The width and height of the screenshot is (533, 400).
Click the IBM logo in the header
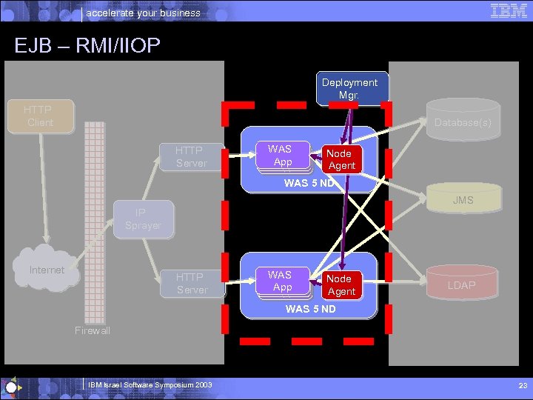(509, 10)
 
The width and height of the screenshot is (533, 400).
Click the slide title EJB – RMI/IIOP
(87, 46)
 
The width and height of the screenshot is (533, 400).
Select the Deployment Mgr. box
(349, 89)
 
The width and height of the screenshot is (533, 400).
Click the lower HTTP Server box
(192, 283)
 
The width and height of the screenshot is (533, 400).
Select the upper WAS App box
(281, 156)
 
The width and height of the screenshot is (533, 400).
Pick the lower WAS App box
(281, 281)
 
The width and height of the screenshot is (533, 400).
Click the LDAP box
(462, 285)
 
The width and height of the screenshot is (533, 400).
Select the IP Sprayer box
(143, 219)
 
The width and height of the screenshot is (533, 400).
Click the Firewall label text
(93, 330)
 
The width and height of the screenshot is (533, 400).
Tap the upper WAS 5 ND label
(309, 183)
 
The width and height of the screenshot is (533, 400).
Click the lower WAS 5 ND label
(311, 308)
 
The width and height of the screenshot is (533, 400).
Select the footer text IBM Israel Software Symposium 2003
(150, 385)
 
